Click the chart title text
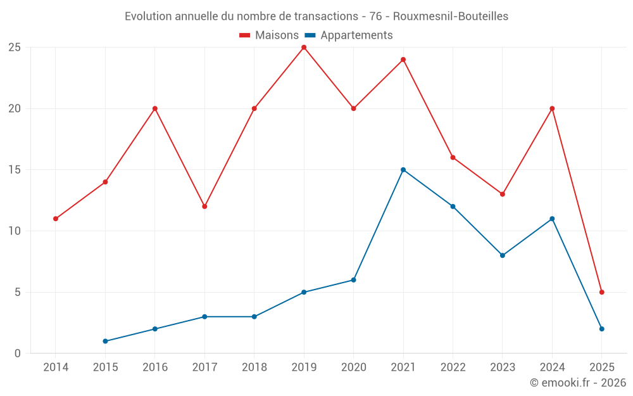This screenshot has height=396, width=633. pyautogui.click(x=316, y=16)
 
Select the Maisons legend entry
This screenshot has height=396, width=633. pyautogui.click(x=269, y=35)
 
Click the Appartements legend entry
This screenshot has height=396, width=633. pyautogui.click(x=349, y=35)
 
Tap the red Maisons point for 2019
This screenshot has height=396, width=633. pyautogui.click(x=304, y=48)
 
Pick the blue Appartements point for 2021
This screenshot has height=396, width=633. pyautogui.click(x=403, y=170)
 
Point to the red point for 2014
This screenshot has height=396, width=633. pyautogui.click(x=56, y=219)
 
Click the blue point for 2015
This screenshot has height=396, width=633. pyautogui.click(x=105, y=342)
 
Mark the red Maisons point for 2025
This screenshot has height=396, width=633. pyautogui.click(x=602, y=292)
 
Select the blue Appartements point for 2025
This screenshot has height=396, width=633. pyautogui.click(x=602, y=329)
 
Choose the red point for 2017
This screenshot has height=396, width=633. pyautogui.click(x=204, y=207)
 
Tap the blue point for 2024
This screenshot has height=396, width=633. pyautogui.click(x=552, y=219)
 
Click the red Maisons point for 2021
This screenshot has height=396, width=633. pyautogui.click(x=403, y=60)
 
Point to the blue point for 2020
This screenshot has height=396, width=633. pyautogui.click(x=353, y=280)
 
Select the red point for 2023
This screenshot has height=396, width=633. pyautogui.click(x=503, y=194)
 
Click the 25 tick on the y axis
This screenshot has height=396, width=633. pyautogui.click(x=15, y=48)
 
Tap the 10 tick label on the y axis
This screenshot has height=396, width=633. pyautogui.click(x=15, y=231)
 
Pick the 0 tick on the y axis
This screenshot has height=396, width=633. pyautogui.click(x=18, y=354)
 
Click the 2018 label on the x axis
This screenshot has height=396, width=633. pyautogui.click(x=254, y=367)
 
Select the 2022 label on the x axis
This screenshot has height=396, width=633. pyautogui.click(x=453, y=367)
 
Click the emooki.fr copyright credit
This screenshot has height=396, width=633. pyautogui.click(x=577, y=383)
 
